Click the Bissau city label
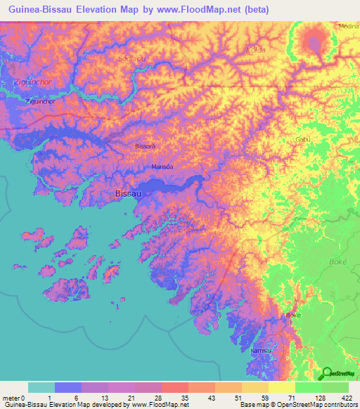tap(128, 193)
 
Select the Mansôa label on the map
tap(162, 167)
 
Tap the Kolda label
tap(255, 50)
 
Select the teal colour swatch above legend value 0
tap(41, 387)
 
